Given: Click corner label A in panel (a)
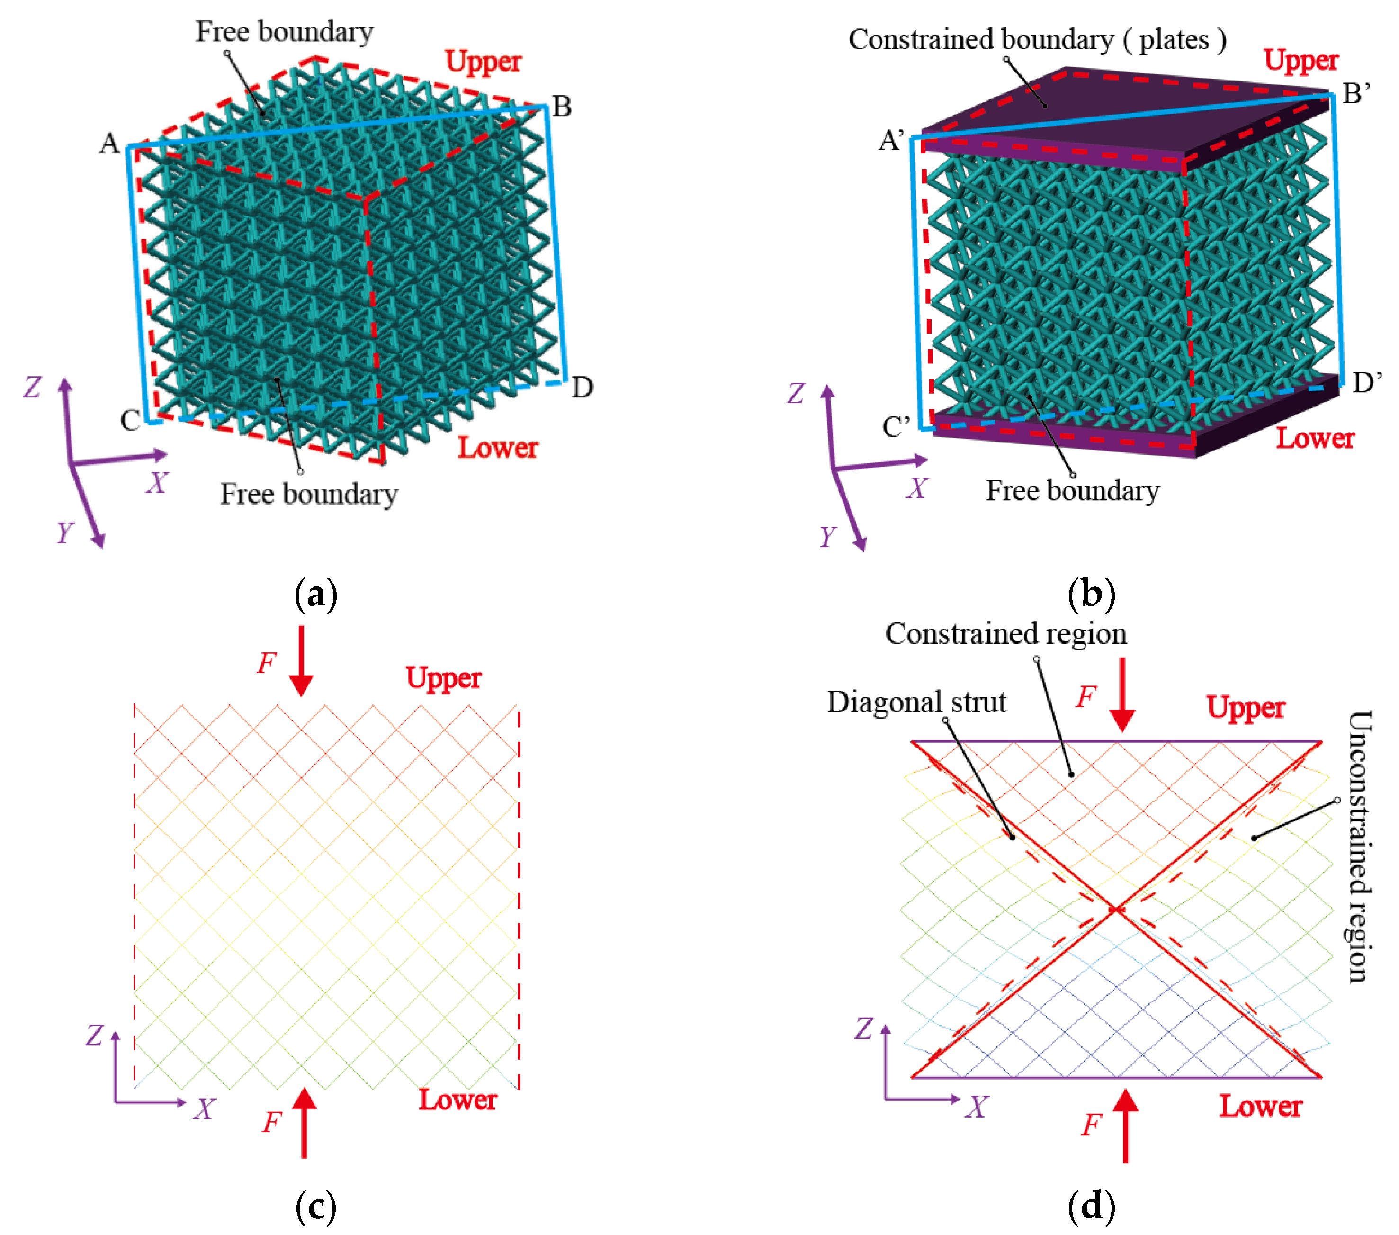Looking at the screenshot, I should tap(109, 144).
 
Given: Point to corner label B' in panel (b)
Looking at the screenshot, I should tap(1356, 94).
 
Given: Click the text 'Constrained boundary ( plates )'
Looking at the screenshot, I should tap(1037, 40).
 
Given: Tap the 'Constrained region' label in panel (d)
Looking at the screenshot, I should tap(1005, 634).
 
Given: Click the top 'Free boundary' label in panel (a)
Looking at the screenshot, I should tap(285, 31).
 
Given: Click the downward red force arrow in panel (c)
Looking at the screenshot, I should tap(301, 661).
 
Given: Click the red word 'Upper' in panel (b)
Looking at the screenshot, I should tap(1300, 60).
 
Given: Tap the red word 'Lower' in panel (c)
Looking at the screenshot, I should tap(457, 1100).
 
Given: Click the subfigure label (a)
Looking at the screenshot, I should tap(315, 594).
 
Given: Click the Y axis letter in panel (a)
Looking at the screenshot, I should tap(64, 532).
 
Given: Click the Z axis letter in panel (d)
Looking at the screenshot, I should tap(864, 1028).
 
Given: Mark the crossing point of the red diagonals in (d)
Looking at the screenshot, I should tap(1116, 909).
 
